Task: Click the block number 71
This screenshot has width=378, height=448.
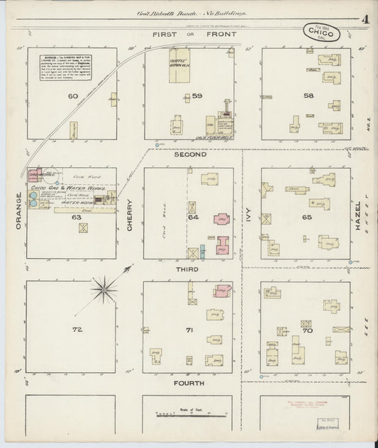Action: (189, 330)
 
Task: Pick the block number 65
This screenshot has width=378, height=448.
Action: (306, 218)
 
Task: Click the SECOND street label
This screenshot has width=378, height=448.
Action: (189, 154)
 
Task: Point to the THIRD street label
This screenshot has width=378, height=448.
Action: (189, 270)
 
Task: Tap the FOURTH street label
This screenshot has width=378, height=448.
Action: (189, 383)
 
